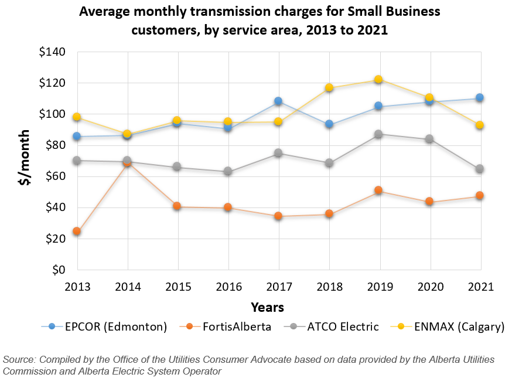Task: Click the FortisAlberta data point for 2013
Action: pos(77,232)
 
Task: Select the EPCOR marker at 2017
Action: pos(278,101)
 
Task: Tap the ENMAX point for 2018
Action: pos(329,88)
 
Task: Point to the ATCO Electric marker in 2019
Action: pos(379,134)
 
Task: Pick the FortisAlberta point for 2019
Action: pos(379,190)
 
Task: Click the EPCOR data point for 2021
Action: pos(480,98)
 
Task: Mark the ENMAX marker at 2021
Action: pos(480,125)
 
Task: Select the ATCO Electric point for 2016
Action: pos(228,172)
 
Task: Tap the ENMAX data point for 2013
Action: pos(77,117)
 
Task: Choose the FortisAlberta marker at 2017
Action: pos(278,216)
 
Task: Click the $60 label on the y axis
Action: pos(54,176)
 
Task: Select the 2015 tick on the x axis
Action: pos(178,287)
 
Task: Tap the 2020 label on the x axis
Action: pos(429,287)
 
